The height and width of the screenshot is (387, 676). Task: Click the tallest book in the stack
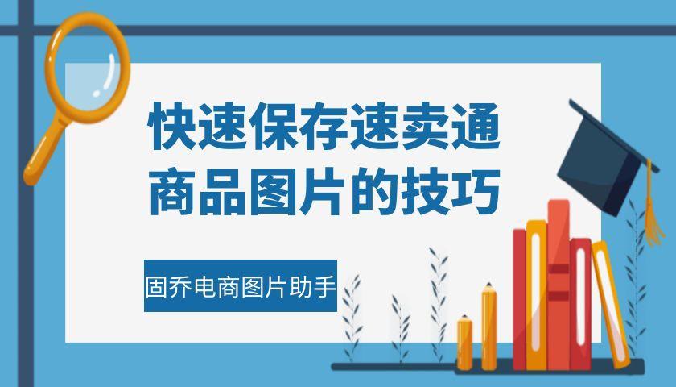pos(559,282)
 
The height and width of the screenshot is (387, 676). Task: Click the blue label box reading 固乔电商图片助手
pos(240,285)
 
